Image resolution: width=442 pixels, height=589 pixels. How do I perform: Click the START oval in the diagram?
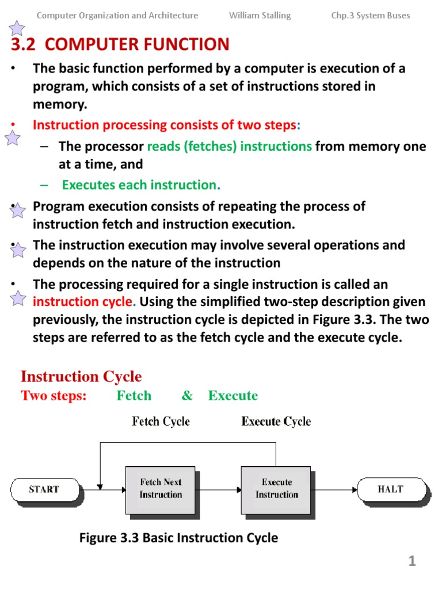point(44,489)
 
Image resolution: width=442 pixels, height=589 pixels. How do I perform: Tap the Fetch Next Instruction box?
point(161,489)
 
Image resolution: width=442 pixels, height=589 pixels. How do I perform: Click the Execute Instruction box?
point(276,489)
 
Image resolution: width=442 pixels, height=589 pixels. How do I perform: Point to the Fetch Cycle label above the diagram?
point(161,422)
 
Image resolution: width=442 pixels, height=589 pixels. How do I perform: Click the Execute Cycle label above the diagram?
point(276,422)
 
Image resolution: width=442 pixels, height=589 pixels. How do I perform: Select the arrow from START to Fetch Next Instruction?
point(112,489)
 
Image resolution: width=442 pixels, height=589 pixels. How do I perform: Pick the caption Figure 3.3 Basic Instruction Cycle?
point(178,538)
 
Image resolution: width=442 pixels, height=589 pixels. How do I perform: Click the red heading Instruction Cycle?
point(81,377)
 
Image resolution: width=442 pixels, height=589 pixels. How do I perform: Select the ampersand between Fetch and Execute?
point(187,396)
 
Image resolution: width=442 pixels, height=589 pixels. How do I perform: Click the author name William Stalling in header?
point(260,16)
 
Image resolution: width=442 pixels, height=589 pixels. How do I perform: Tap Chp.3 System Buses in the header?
point(370,16)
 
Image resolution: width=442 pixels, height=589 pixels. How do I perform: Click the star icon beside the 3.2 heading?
point(17,28)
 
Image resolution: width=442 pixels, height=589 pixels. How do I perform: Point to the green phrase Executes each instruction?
point(141,185)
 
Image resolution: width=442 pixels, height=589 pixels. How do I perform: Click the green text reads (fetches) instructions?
point(229,146)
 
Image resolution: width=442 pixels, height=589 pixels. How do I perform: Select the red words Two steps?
point(54,396)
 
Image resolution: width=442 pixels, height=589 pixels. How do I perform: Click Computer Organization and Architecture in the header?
point(117,16)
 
